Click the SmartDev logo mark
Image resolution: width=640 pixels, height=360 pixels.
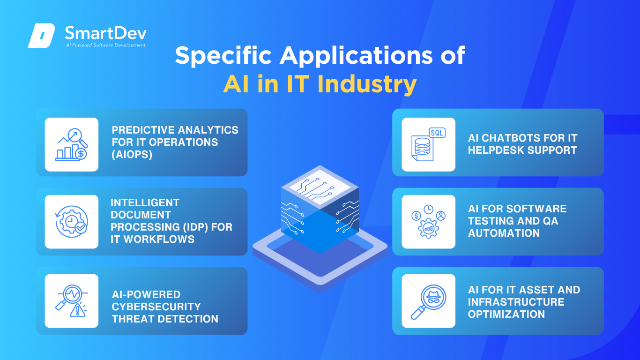(41, 36)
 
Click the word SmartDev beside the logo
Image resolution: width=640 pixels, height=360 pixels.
(106, 33)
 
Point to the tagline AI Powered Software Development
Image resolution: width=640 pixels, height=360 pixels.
(106, 45)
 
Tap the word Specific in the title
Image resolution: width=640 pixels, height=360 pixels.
(223, 56)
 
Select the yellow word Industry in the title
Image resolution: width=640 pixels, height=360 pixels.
(367, 84)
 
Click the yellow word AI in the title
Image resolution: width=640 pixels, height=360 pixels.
(236, 84)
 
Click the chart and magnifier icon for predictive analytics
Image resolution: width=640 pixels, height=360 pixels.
(71, 144)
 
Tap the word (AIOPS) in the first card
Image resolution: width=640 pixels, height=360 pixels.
(132, 155)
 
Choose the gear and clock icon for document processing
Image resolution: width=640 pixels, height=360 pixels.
(71, 222)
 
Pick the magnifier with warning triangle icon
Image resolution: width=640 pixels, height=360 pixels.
(71, 301)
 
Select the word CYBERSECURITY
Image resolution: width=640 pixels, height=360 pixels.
(156, 307)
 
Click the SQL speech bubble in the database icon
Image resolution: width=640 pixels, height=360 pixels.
(437, 133)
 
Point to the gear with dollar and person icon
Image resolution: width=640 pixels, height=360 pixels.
(428, 222)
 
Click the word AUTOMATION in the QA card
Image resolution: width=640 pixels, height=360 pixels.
(504, 233)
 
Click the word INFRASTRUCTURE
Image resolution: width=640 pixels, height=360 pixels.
(516, 302)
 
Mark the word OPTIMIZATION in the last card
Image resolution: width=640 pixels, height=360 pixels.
(506, 315)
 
